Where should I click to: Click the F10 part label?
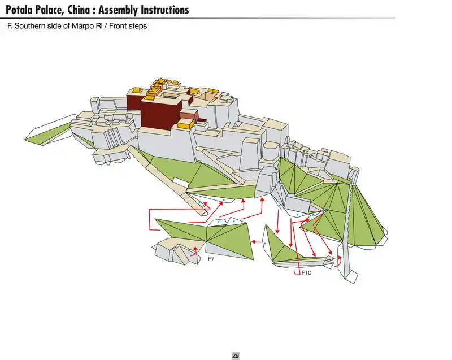(306, 272)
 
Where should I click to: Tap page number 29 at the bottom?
(236, 355)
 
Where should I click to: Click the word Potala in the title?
(23, 10)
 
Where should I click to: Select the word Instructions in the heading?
(160, 10)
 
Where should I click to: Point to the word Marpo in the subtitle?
(79, 26)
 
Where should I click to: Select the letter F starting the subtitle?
(9, 26)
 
